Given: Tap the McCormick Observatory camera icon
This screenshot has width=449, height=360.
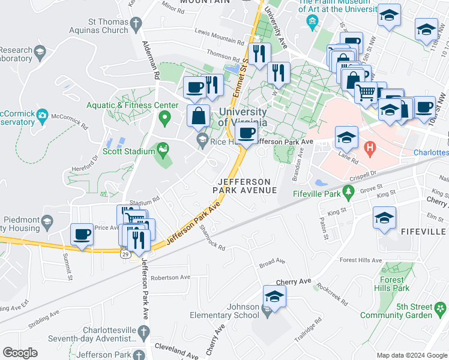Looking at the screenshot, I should [42, 114].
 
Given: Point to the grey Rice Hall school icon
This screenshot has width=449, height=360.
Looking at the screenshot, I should [203, 141].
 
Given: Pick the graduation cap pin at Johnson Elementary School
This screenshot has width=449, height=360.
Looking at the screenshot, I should [274, 296].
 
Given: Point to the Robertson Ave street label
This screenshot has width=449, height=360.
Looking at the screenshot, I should [170, 278].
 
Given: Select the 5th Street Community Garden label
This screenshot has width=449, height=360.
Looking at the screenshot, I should [397, 310].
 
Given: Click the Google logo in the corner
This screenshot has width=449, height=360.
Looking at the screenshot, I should [20, 353].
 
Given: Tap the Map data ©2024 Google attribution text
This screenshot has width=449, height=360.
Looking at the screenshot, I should [411, 355].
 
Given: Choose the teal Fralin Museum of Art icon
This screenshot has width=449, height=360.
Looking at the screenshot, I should [312, 23].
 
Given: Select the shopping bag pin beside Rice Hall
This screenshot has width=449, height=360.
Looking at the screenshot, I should [198, 116].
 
